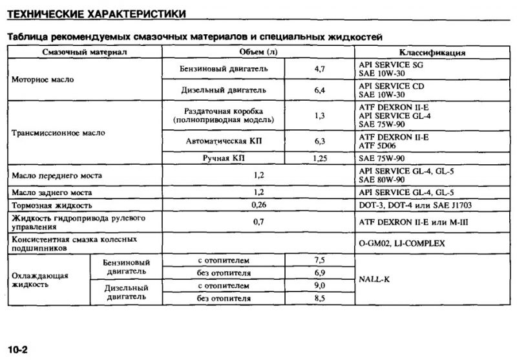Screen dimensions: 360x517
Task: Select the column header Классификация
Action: (432, 52)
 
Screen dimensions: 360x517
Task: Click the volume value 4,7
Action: (319, 68)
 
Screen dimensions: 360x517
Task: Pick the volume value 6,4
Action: (319, 90)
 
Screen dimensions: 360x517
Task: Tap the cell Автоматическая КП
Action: (223, 140)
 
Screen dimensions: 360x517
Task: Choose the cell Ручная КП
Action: (223, 158)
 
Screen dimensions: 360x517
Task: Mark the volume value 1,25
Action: (319, 158)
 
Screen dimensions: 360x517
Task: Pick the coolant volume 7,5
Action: (319, 260)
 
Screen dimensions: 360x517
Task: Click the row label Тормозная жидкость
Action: (53, 205)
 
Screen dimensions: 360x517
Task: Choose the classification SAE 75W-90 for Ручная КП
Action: (383, 158)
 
